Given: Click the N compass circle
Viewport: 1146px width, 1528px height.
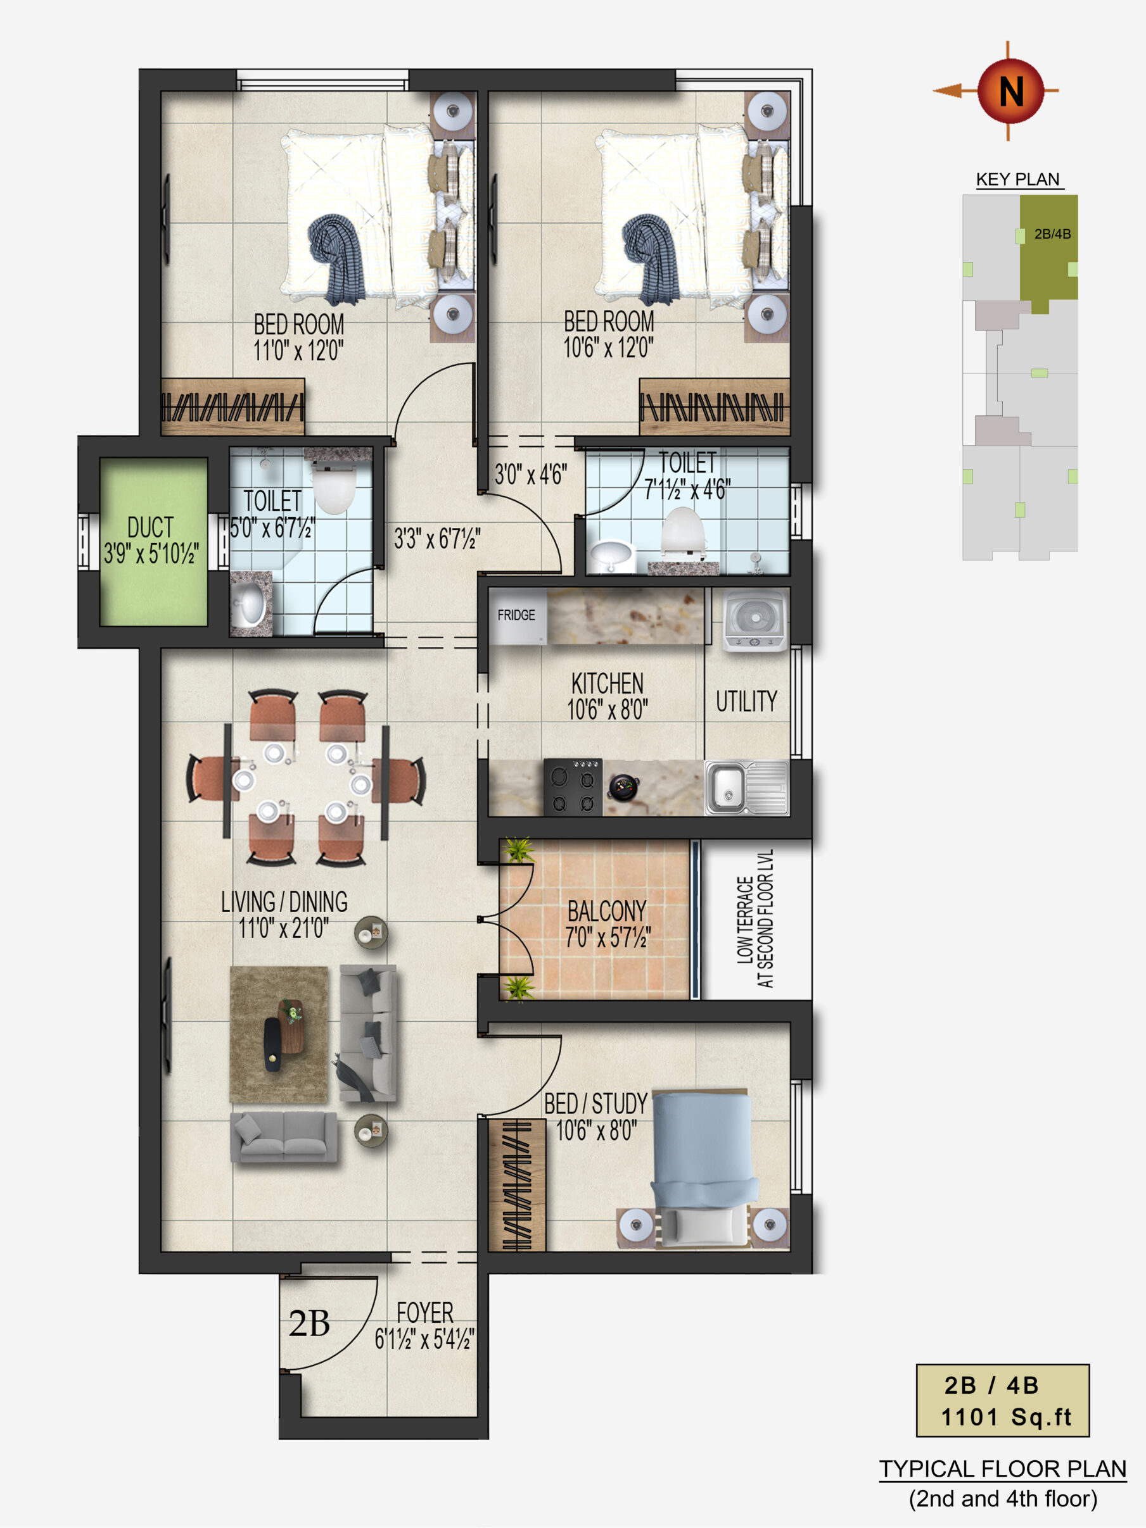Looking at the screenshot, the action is (x=1010, y=91).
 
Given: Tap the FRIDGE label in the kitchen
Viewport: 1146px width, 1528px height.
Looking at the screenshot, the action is (x=516, y=615).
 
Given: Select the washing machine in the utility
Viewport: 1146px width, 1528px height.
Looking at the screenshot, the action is (x=754, y=620).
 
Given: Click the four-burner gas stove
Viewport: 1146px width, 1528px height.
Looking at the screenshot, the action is (x=573, y=787).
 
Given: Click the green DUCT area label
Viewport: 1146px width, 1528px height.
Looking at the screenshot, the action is (x=151, y=528).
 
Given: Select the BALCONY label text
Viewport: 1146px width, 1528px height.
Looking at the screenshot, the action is (x=607, y=911).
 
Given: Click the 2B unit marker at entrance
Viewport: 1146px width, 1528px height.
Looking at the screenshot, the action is (x=309, y=1324).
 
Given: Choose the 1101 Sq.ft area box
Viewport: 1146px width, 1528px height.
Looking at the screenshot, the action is (x=1002, y=1400).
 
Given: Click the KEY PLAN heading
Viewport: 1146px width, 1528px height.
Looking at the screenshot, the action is (x=1017, y=180).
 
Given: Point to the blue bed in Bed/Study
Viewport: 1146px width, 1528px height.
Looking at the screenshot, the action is (x=703, y=1167).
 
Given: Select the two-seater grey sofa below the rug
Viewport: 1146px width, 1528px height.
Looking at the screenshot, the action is (x=283, y=1136).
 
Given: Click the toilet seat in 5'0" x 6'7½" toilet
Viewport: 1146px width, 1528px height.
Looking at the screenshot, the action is (x=334, y=487).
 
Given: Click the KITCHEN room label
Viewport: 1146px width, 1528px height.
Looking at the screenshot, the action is (x=607, y=683).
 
